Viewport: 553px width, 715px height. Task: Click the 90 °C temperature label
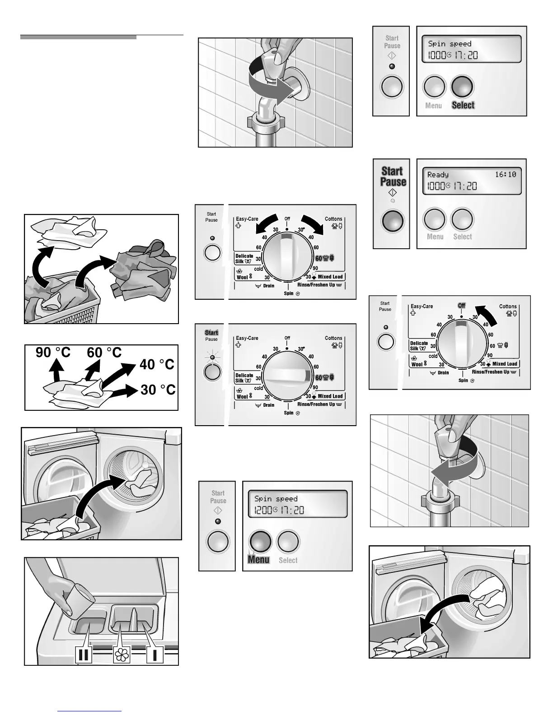(x=53, y=353)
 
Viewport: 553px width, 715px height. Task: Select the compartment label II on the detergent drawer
(x=84, y=655)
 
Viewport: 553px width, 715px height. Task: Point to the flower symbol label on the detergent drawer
(x=122, y=655)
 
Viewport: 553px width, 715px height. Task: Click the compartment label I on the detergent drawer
(x=155, y=655)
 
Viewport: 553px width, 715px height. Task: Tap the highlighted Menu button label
(x=259, y=560)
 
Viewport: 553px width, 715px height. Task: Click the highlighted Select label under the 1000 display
(x=463, y=105)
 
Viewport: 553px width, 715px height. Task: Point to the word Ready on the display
(x=438, y=175)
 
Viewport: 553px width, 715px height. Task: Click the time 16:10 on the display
(x=505, y=174)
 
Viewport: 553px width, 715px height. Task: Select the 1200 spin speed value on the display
(x=263, y=510)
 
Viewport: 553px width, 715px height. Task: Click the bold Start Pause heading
(x=393, y=176)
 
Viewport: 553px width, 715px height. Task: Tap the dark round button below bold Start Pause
(x=392, y=220)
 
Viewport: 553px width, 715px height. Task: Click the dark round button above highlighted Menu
(x=260, y=541)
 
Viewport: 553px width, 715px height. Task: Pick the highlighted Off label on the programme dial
(x=461, y=306)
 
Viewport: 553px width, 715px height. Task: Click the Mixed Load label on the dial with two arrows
(x=330, y=277)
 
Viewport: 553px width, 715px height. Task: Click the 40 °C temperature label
(x=157, y=364)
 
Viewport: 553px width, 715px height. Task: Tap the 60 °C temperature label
(x=104, y=353)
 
